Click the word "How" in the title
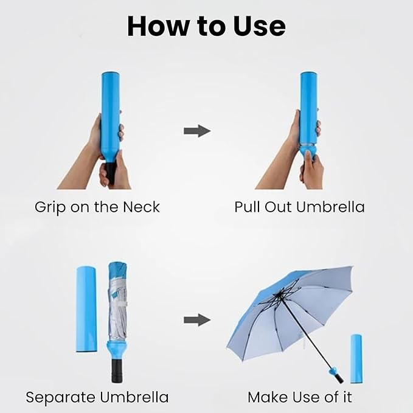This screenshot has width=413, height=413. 158,26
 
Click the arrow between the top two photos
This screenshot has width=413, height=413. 197,131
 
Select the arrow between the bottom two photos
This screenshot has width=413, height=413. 197,320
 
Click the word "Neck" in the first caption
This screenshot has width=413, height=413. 142,207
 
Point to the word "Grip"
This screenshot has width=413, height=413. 50,208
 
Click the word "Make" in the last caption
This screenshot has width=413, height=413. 266,397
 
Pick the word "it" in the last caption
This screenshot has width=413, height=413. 347,397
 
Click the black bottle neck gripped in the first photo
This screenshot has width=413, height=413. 111,173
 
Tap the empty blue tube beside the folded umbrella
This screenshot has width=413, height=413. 86,309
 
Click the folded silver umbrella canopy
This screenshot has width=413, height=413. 117,303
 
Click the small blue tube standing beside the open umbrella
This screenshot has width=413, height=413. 356,359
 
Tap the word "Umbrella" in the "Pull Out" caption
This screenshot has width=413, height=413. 330,207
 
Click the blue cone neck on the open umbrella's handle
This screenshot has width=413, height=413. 333,372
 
